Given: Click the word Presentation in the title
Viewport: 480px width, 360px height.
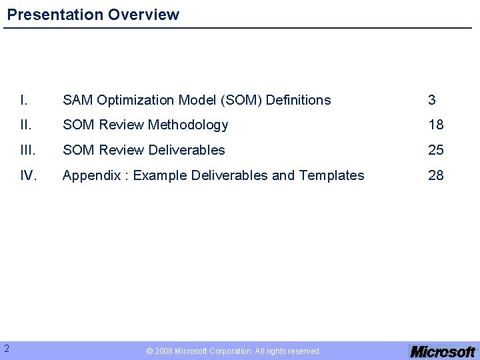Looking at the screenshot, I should coord(49,15).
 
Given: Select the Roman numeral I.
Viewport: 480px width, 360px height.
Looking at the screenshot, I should coord(24,100).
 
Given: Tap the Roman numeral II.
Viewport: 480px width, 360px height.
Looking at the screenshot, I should coord(25,125).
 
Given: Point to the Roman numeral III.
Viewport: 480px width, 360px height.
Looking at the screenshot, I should coord(27,150).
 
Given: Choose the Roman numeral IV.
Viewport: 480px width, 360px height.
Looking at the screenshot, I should coord(28,175).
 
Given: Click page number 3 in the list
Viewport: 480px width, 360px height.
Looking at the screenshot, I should coord(432,100).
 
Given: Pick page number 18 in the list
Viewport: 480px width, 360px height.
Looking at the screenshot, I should coord(436,125).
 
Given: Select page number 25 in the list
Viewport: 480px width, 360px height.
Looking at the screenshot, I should coord(436,150).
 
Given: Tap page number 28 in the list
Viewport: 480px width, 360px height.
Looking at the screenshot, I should coord(436,175).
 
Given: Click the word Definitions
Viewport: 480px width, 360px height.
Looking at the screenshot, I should coord(298,100).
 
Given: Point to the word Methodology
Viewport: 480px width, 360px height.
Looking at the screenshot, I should coord(188,125).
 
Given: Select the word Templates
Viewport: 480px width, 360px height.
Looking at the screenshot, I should coord(331,175).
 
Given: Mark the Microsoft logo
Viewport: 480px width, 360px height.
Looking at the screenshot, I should coord(443,351).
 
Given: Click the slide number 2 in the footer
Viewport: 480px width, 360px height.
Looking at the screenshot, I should coord(6,348).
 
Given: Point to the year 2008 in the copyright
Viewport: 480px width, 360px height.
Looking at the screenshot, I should coord(163,351).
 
